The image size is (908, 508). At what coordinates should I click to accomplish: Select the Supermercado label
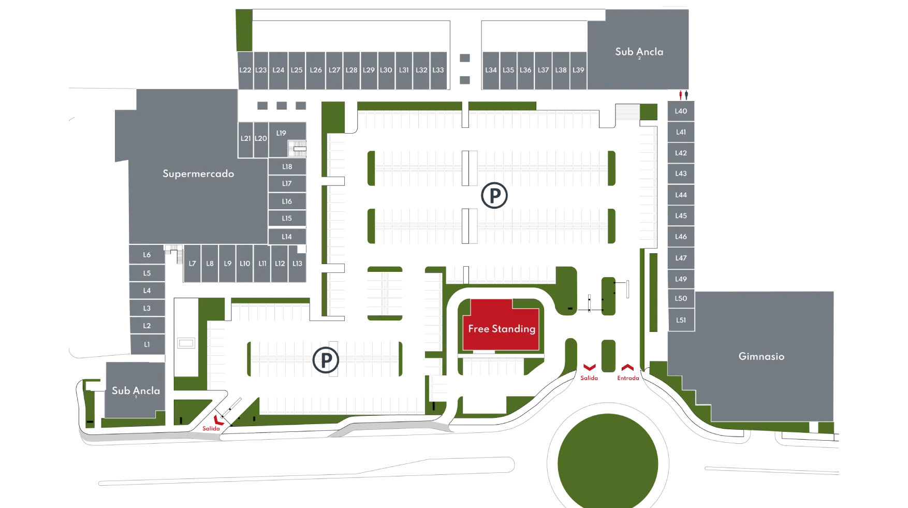198,173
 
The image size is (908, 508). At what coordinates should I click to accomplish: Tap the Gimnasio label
761,356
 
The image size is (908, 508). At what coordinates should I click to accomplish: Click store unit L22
245,70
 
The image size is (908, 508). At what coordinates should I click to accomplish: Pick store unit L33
438,70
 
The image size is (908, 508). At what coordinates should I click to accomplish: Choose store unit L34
491,70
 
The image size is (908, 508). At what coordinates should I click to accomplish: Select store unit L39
578,70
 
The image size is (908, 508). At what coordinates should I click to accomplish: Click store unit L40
681,111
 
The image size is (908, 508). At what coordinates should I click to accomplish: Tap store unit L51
681,320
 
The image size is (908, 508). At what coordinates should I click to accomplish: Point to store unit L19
281,134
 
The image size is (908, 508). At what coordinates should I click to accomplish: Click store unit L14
287,237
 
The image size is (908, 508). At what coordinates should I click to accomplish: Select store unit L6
147,255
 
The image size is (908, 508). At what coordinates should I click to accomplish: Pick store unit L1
147,344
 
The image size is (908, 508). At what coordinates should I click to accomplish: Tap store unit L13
297,264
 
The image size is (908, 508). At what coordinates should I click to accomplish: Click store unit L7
192,264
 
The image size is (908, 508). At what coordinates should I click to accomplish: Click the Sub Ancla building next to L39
639,52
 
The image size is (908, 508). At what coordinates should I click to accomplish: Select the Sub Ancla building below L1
136,390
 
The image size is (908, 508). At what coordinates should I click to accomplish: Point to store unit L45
681,215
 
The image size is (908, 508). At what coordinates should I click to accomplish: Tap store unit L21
245,138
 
